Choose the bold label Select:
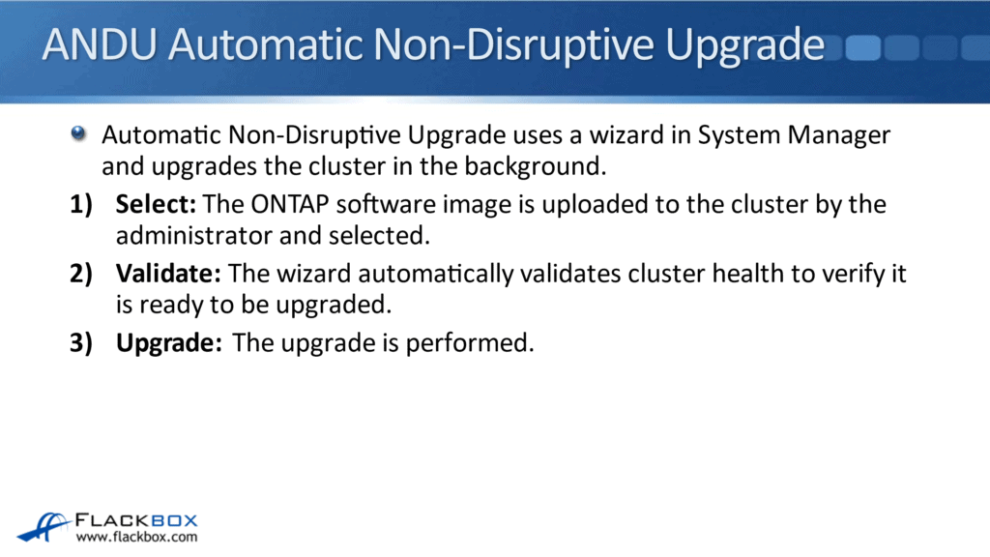click(x=156, y=205)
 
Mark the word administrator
click(x=189, y=236)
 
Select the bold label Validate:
click(x=168, y=275)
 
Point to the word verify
click(x=850, y=275)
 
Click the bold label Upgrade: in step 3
click(x=169, y=344)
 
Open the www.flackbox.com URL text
click(x=137, y=538)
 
